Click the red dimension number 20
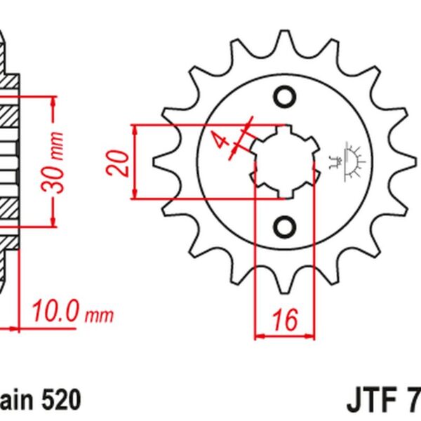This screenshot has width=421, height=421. tap(121, 162)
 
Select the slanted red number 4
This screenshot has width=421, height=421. tap(222, 140)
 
